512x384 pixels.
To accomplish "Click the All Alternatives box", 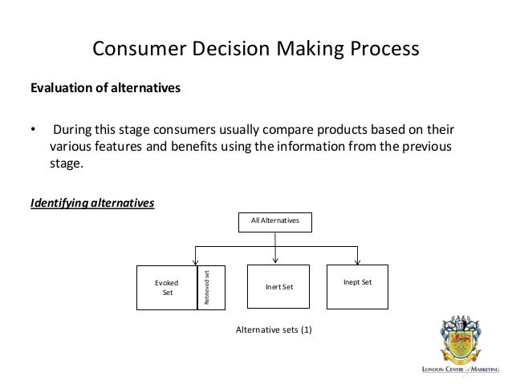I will (x=275, y=222).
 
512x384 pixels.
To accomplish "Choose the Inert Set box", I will (x=275, y=287).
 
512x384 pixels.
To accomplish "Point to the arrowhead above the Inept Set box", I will (x=358, y=261).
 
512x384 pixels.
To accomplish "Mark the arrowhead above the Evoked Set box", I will (x=193, y=261).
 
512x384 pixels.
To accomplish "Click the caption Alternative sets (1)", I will (x=273, y=329).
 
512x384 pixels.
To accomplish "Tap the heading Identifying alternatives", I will (x=91, y=203).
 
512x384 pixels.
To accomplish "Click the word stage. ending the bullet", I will (x=67, y=165).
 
